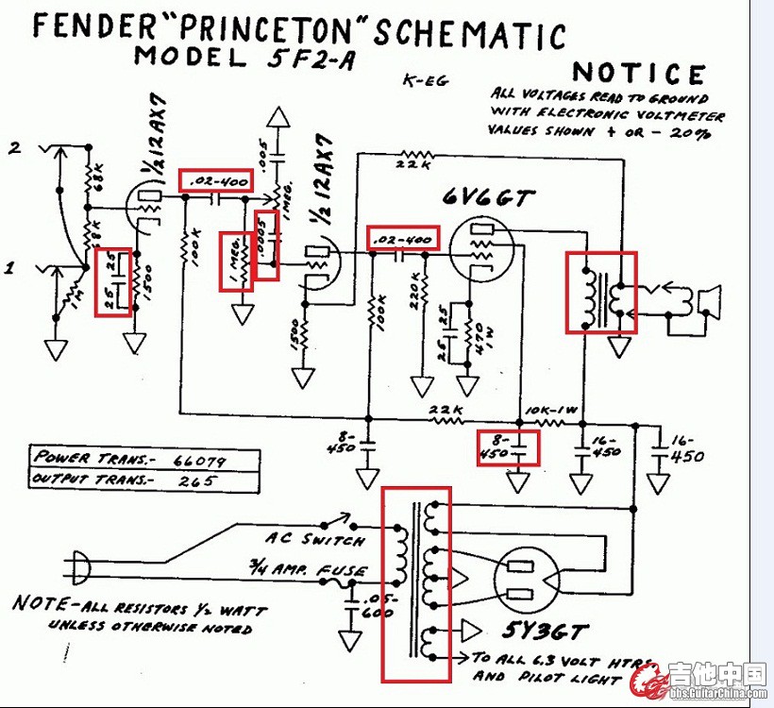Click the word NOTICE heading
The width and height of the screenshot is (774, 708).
(x=639, y=74)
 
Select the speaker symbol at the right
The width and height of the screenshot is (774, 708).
(x=707, y=299)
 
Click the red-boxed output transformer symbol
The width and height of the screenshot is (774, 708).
(x=601, y=292)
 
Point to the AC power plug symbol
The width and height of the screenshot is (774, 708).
(x=81, y=567)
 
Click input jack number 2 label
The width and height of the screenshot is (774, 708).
(x=14, y=147)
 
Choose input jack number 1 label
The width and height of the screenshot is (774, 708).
(x=12, y=268)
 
